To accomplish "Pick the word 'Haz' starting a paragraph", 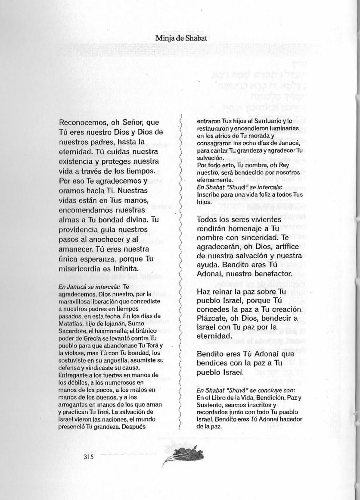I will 203,291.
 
